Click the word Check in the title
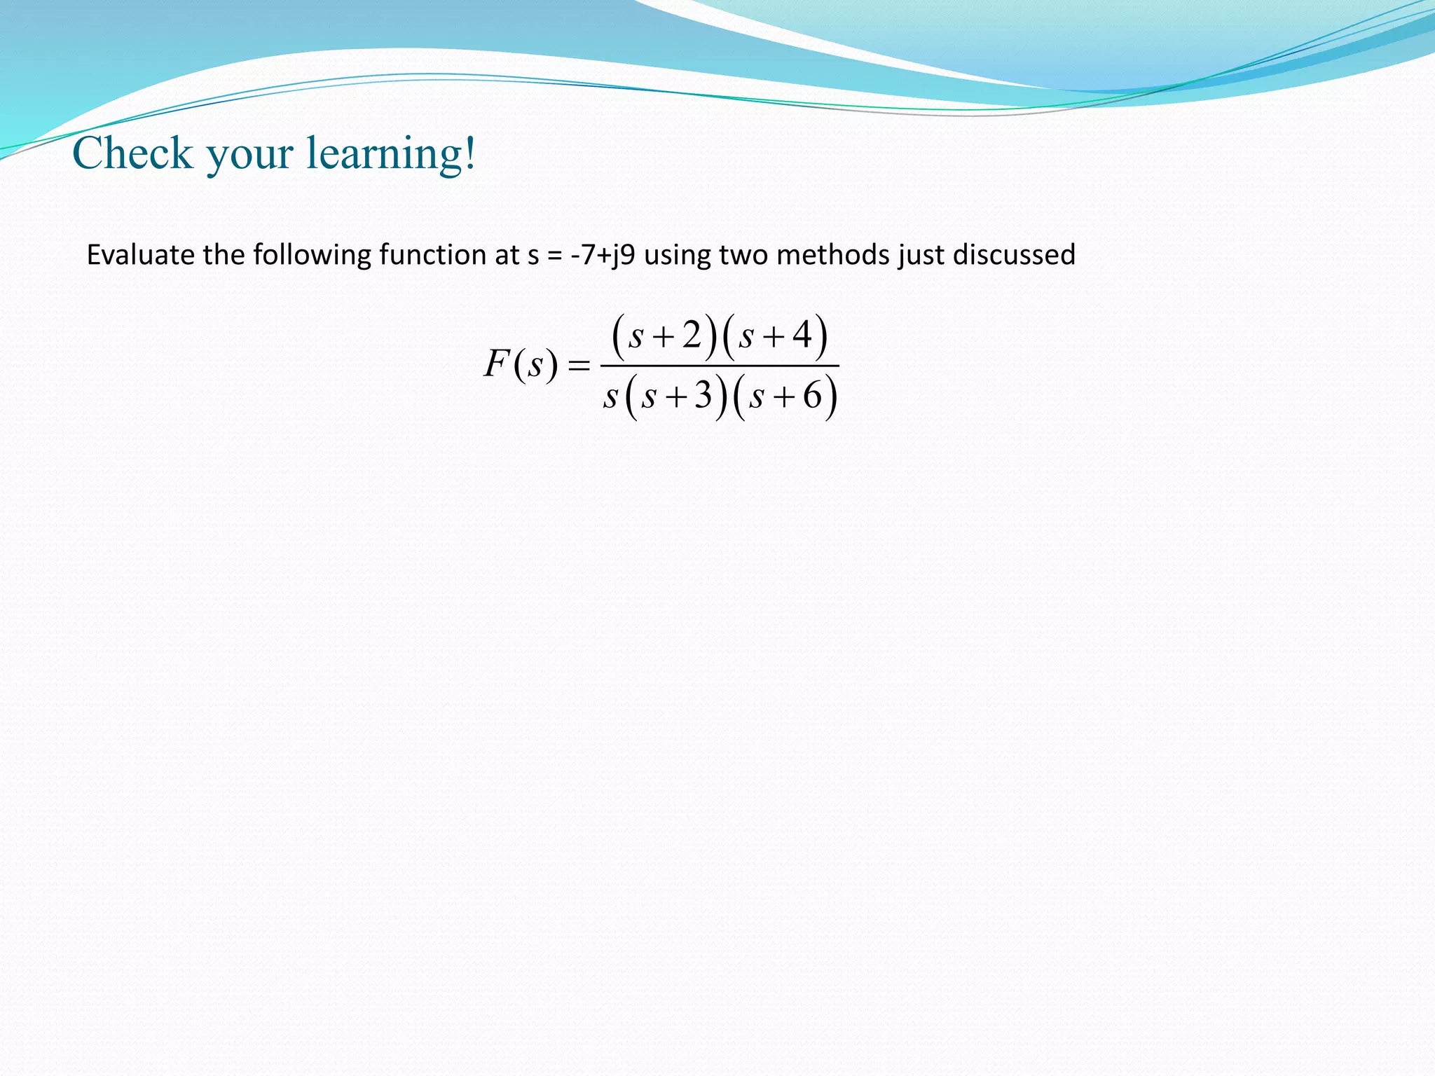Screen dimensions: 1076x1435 [132, 153]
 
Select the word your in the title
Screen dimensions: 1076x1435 [249, 156]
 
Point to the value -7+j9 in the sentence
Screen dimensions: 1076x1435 [603, 255]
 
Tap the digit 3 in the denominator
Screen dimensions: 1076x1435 [703, 396]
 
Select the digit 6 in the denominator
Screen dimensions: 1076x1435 [812, 396]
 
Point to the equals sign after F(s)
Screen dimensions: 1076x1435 [579, 366]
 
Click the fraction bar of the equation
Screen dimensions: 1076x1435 [720, 366]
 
